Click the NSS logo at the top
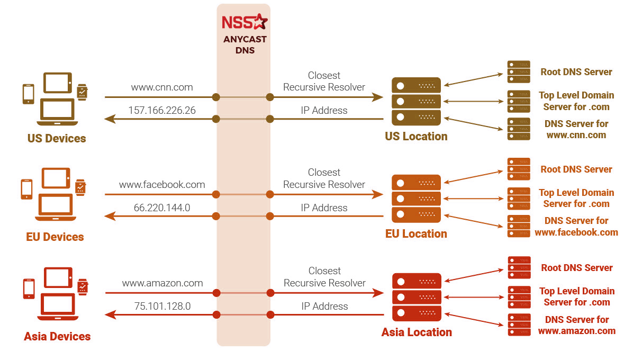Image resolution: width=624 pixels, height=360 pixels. [x=244, y=22]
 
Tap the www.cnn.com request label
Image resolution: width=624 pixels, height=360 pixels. [x=162, y=87]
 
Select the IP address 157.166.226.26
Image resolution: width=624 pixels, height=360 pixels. [x=162, y=110]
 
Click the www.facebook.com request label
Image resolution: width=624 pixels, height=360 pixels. [x=162, y=185]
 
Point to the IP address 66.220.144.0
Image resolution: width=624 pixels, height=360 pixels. [x=162, y=208]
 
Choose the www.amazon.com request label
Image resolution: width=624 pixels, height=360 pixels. [x=162, y=283]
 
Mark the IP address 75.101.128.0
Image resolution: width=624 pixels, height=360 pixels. [x=162, y=306]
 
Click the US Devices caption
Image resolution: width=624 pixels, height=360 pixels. [x=57, y=139]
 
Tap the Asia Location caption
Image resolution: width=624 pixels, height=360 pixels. [x=417, y=332]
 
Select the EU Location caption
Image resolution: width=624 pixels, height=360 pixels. [x=416, y=234]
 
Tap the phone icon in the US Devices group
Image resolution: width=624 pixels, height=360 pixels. [x=28, y=94]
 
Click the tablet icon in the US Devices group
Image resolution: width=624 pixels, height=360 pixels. [x=57, y=83]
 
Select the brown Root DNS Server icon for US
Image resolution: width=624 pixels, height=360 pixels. [x=518, y=72]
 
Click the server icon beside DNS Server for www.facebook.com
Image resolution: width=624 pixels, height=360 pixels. [x=518, y=226]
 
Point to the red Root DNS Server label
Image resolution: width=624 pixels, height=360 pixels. [x=576, y=268]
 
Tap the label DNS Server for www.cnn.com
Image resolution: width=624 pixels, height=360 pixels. [x=576, y=129]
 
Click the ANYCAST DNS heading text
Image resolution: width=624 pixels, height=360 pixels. [x=245, y=45]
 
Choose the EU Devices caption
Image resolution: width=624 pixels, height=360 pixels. [x=55, y=237]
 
